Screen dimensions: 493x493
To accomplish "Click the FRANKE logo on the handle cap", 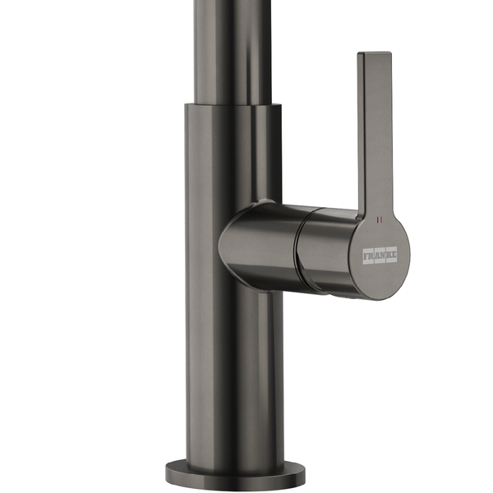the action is point(380,256).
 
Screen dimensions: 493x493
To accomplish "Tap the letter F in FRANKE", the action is point(366,256).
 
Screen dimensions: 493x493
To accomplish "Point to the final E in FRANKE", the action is point(394,255).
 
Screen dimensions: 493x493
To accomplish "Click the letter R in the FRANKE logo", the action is point(371,256).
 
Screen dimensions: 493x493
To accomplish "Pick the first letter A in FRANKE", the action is point(377,256).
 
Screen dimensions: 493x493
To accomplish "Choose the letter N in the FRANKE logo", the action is point(382,256).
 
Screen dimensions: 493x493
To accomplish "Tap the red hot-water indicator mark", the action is point(381,219).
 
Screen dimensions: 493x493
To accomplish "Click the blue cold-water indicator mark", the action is point(378,219).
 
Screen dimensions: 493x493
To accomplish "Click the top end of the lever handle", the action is point(375,53).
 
